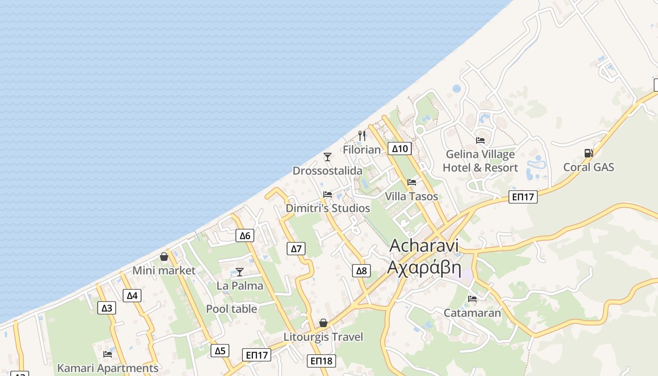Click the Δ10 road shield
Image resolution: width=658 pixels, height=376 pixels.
pyautogui.click(x=400, y=149)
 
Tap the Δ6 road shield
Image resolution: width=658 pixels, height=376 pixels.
pyautogui.click(x=245, y=235)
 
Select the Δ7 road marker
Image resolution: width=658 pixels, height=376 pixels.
pyautogui.click(x=296, y=249)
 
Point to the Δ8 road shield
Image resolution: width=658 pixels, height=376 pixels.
pyautogui.click(x=361, y=271)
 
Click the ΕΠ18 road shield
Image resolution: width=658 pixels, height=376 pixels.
pyautogui.click(x=322, y=361)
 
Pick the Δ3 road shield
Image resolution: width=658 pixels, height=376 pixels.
pyautogui.click(x=107, y=308)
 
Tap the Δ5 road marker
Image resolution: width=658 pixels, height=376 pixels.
pyautogui.click(x=220, y=351)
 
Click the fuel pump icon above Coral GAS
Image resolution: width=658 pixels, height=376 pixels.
pyautogui.click(x=588, y=153)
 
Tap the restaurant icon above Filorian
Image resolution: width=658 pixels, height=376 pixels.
pyautogui.click(x=362, y=136)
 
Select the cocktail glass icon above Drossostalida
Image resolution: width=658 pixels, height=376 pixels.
pyautogui.click(x=328, y=157)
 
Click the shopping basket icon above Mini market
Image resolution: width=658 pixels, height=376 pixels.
pyautogui.click(x=164, y=257)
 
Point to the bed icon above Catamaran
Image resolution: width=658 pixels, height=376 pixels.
pyautogui.click(x=472, y=299)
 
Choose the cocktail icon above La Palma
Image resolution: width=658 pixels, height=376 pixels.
pyautogui.click(x=240, y=272)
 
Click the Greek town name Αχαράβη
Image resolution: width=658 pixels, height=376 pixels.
pyautogui.click(x=424, y=266)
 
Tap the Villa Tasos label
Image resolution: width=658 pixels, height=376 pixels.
pyautogui.click(x=411, y=196)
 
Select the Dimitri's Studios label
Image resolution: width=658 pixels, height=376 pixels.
pyautogui.click(x=328, y=208)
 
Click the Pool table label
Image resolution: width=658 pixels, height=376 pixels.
pyautogui.click(x=232, y=309)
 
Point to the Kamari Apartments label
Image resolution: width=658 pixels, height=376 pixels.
pyautogui.click(x=108, y=368)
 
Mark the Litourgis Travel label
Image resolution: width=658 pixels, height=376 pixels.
pyautogui.click(x=323, y=337)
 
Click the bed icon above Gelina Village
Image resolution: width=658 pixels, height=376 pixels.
pyautogui.click(x=480, y=140)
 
